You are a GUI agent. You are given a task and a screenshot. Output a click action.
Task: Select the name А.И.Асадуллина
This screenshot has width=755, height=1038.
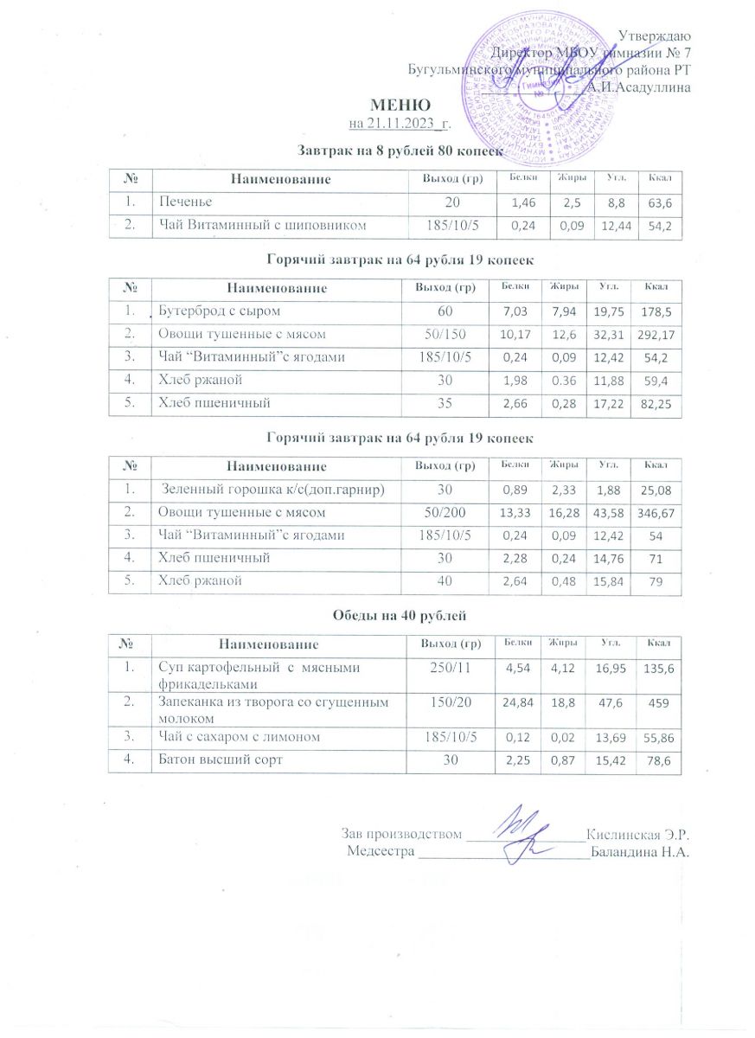pos(637,86)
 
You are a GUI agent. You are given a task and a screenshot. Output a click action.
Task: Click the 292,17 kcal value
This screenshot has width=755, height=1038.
pos(655,333)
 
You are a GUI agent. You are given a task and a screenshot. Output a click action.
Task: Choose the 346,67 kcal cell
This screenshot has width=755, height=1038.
pos(656,513)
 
